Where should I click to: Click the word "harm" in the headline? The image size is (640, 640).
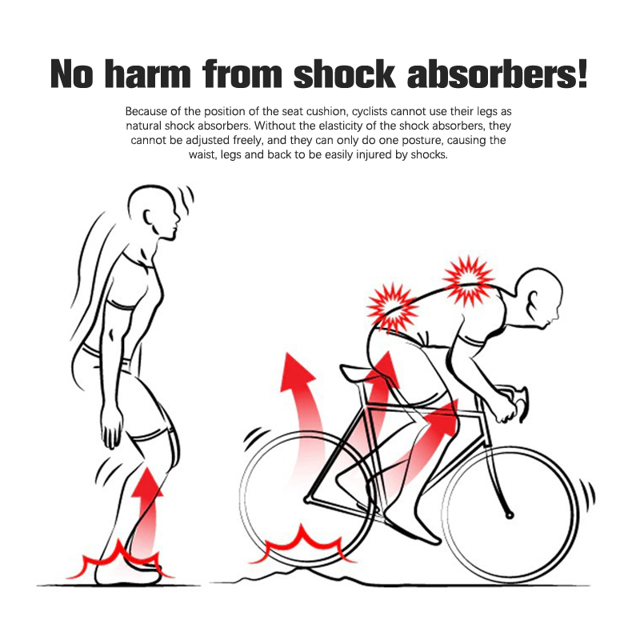click(148, 74)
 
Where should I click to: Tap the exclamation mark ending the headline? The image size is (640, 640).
click(581, 74)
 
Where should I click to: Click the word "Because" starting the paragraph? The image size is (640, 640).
click(146, 111)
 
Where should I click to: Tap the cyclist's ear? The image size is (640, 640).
click(533, 302)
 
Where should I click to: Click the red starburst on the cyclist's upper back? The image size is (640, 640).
click(469, 281)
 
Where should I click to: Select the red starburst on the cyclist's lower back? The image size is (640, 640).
click(392, 307)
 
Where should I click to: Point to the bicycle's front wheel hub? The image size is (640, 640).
click(510, 515)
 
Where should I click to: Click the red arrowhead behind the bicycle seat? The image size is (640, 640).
click(297, 374)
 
